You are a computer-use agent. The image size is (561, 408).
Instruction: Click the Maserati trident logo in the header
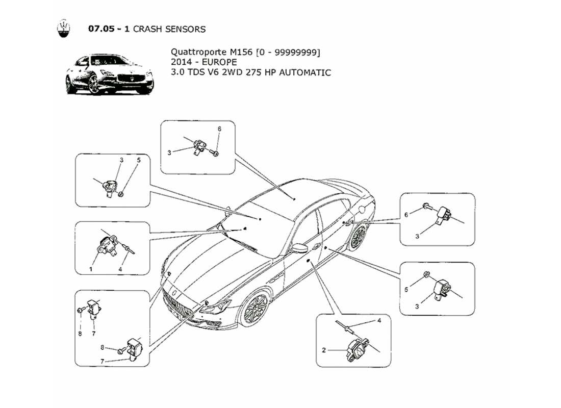(63, 29)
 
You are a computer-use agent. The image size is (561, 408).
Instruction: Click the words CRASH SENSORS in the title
(169, 29)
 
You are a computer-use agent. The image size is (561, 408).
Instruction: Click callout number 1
(91, 269)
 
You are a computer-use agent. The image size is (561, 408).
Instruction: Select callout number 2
(324, 350)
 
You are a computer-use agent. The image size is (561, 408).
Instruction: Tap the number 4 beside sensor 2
(379, 321)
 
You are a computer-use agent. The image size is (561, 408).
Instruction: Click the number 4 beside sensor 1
(120, 269)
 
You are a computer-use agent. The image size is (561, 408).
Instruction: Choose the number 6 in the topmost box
(219, 129)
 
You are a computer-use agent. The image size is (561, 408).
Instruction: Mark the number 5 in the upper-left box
(138, 160)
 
